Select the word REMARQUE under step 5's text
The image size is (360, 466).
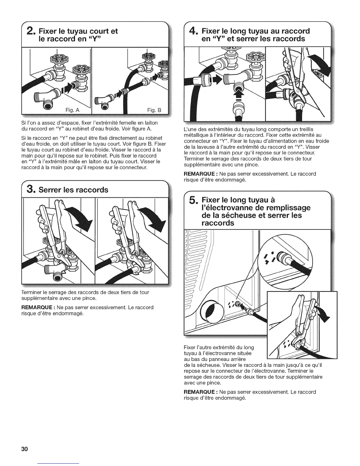tap(200, 392)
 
